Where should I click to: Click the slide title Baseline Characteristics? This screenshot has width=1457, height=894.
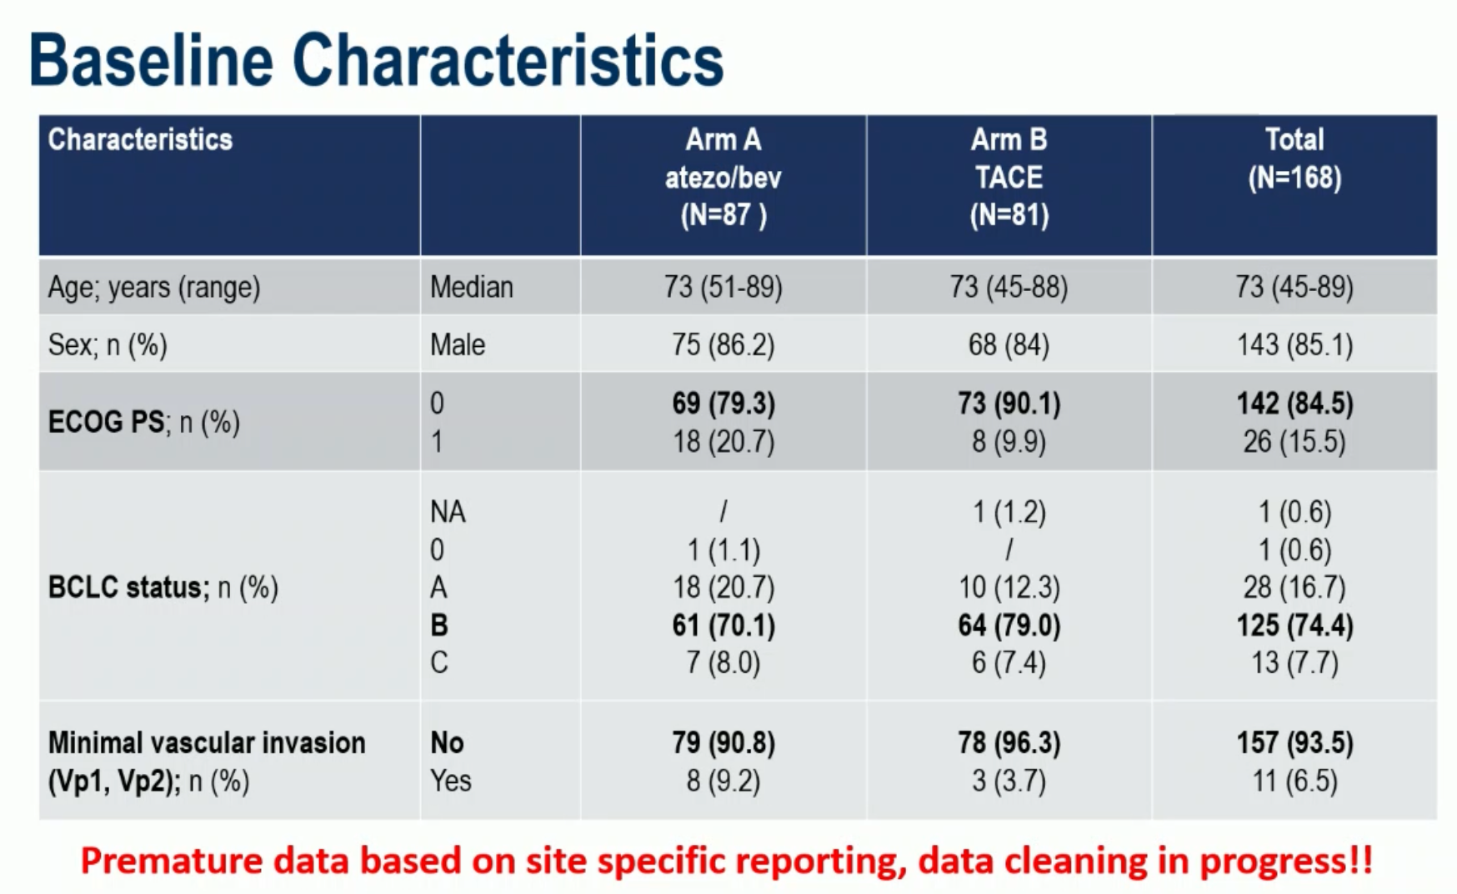(x=376, y=60)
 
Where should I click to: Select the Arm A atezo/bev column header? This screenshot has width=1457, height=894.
(x=723, y=178)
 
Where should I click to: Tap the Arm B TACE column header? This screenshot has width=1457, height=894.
(x=1009, y=178)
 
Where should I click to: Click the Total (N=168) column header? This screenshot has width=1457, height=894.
(x=1294, y=158)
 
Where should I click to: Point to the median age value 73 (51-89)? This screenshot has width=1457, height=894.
(x=723, y=287)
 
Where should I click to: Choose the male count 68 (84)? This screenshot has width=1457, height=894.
(x=1009, y=344)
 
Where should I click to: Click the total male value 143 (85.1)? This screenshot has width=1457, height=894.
(x=1294, y=344)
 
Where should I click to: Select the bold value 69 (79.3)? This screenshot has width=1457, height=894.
(x=723, y=404)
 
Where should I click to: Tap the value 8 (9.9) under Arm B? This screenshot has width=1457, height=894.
(x=1009, y=441)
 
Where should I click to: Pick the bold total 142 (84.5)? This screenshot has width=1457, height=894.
(x=1294, y=404)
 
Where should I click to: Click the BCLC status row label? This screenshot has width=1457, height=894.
(x=163, y=587)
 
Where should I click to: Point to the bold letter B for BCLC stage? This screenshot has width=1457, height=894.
(x=438, y=625)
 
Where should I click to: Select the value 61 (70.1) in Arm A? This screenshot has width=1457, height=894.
(x=723, y=625)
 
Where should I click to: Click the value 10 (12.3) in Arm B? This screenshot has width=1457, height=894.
(x=1009, y=588)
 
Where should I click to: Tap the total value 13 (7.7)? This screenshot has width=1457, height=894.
(x=1294, y=663)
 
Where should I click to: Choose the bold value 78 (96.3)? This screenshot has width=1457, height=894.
(x=1009, y=743)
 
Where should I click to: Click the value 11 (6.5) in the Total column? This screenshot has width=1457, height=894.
(x=1294, y=781)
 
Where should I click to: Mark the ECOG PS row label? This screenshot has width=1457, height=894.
(x=143, y=422)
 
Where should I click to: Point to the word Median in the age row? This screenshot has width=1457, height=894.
(x=472, y=287)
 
